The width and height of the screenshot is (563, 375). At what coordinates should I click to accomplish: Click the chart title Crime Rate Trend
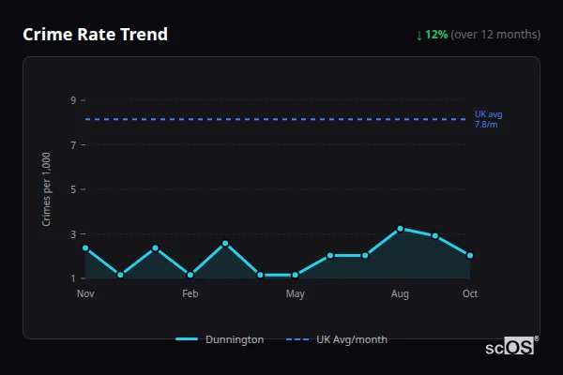click(x=95, y=35)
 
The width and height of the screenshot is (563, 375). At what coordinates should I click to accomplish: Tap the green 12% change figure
click(x=436, y=35)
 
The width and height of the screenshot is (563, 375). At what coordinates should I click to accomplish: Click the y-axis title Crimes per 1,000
click(x=47, y=188)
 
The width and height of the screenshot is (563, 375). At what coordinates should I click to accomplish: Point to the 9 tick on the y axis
click(x=72, y=100)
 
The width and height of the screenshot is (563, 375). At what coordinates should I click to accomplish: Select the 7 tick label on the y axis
click(x=72, y=144)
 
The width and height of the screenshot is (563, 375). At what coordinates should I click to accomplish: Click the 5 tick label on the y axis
click(x=72, y=189)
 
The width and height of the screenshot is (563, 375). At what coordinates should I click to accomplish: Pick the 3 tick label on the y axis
click(x=72, y=233)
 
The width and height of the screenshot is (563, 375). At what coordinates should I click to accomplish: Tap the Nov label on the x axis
click(x=85, y=294)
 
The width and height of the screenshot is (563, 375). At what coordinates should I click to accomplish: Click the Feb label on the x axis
click(x=190, y=294)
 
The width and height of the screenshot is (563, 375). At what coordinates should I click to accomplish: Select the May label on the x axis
click(x=296, y=294)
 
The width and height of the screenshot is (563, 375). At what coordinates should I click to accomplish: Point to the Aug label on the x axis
click(x=400, y=294)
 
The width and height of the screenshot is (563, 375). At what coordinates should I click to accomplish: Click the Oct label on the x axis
click(x=470, y=294)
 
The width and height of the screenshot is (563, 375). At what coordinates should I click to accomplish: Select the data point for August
click(x=400, y=229)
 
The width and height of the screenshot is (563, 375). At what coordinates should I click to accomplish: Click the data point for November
click(x=85, y=248)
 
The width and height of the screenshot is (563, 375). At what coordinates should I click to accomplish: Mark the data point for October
click(x=470, y=255)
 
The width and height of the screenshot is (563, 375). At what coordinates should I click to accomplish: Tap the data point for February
click(x=190, y=275)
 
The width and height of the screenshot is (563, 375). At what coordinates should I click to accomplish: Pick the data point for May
click(x=296, y=275)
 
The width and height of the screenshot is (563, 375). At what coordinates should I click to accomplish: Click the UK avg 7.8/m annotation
click(x=488, y=119)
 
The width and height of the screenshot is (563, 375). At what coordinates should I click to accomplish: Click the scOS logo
click(x=510, y=347)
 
